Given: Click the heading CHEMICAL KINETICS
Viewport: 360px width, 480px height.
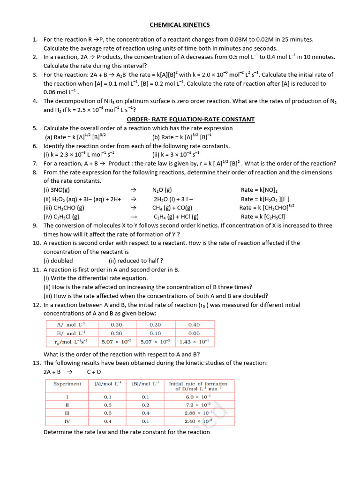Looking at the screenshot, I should coord(180,25).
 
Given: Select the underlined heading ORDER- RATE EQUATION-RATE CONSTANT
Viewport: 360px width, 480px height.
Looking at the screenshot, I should coord(191,120).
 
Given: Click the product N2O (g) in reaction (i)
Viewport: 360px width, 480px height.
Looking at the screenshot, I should coord(162,190).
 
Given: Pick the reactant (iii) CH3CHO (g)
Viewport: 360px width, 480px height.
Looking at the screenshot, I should coord(64,208).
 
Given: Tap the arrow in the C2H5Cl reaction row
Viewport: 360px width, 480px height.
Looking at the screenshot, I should coord(133,217).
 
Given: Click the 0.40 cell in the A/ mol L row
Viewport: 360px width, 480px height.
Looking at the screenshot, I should coord(194,324).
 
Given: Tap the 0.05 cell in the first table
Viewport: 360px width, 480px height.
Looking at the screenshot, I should coord(194,333).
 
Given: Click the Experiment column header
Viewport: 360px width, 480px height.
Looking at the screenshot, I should coord(67,383).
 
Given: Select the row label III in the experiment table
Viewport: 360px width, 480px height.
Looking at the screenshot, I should coord(67,413).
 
